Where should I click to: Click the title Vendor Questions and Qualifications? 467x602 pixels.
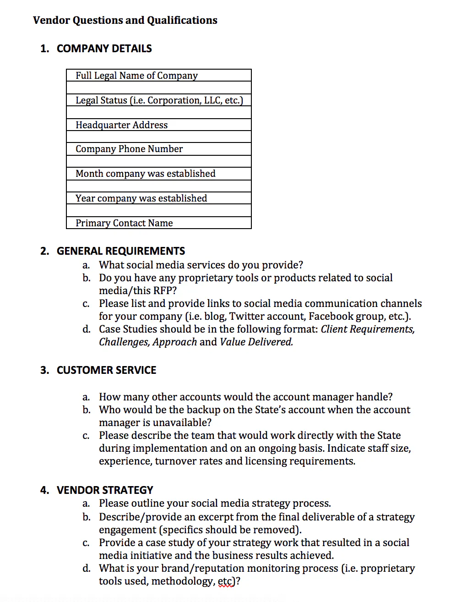point(125,20)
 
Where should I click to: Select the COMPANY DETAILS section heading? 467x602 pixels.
point(104,49)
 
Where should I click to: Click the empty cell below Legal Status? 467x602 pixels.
point(158,113)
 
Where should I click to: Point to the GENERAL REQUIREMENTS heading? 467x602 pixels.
point(121,251)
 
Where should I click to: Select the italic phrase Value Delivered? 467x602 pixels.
point(256,342)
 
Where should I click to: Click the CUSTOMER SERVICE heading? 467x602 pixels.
point(106,370)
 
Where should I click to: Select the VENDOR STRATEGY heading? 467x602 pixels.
point(105,490)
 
